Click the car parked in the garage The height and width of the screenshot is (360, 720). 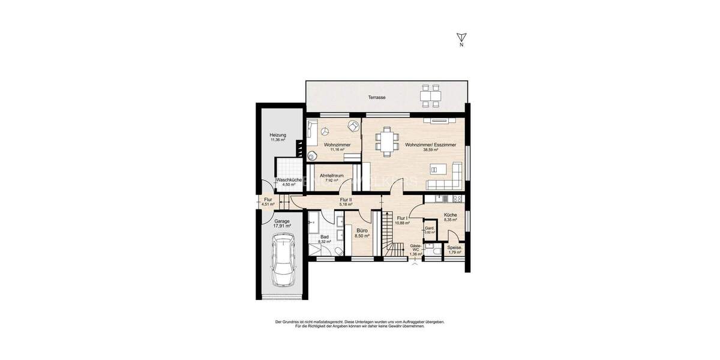coord(282,260)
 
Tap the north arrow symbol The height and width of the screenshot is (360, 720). coord(461,38)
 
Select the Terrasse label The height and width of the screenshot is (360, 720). coord(377,97)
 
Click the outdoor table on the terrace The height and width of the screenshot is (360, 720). coord(430,96)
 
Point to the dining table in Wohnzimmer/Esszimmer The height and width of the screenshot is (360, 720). coord(387,142)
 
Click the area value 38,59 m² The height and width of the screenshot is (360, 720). coord(430,151)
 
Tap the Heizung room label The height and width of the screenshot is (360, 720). coord(277,135)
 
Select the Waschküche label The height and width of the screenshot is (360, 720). coord(288,179)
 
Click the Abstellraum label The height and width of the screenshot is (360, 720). coord(331,175)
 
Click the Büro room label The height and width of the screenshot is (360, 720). coord(362,230)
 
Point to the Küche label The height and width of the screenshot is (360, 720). coord(451,215)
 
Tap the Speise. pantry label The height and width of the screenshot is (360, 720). coord(454,247)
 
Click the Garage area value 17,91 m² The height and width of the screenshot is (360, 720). coord(281,226)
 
